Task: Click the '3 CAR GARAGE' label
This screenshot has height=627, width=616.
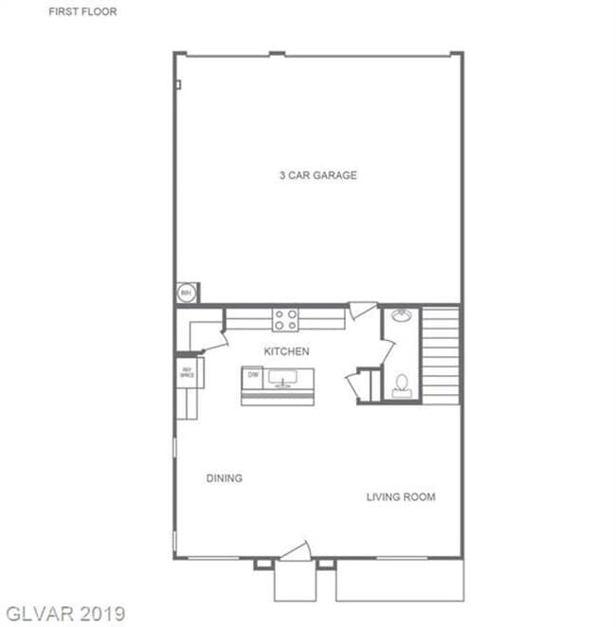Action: point(317,175)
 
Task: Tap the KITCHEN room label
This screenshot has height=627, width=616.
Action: point(286,351)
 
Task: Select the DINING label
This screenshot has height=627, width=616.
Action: point(224,478)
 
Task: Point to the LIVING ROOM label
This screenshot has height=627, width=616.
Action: point(401,497)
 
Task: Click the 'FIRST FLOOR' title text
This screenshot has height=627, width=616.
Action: point(82,12)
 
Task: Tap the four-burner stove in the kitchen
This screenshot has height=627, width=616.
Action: point(286,320)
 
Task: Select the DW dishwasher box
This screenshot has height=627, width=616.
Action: point(253,375)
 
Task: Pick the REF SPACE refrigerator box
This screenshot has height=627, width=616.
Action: point(187,372)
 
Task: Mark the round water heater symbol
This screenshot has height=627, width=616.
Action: point(187,293)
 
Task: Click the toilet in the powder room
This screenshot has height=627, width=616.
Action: point(402,385)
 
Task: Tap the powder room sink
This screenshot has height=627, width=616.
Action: point(401,315)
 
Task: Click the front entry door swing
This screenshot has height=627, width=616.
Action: point(297,551)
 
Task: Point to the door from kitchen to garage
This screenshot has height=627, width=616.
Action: point(361,311)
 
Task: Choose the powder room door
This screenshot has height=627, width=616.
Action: point(386,352)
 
